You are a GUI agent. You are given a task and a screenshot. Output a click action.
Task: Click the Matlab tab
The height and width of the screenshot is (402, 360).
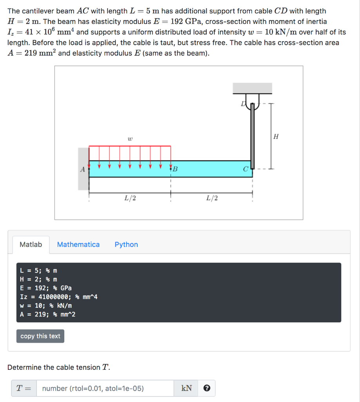point(31,245)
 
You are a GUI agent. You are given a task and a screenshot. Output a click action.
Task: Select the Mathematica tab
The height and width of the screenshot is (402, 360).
point(78,245)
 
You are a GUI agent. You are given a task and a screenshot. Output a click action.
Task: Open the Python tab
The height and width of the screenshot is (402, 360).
point(126,245)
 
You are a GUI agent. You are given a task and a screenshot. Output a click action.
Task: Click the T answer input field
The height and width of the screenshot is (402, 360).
point(105,388)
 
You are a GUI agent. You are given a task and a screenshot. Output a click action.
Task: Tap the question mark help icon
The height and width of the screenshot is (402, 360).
point(207,388)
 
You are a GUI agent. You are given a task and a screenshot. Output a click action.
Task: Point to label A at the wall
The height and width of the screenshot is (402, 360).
point(82,170)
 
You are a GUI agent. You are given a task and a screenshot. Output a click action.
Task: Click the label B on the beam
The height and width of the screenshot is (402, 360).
point(175,170)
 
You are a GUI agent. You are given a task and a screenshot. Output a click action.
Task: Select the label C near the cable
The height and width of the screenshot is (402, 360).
point(245,170)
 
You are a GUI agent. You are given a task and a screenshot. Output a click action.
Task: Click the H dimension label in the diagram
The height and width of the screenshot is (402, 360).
point(276,137)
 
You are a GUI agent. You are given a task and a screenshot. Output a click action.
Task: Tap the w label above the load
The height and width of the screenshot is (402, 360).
point(130,139)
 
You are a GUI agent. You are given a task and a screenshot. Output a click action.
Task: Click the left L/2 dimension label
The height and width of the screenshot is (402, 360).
point(130,198)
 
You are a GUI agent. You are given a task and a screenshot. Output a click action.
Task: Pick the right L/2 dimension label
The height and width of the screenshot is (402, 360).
point(212,198)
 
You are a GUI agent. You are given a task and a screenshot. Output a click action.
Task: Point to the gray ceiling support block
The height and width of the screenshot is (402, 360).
point(253,88)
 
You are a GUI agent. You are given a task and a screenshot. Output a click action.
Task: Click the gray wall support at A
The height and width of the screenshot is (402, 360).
point(83,169)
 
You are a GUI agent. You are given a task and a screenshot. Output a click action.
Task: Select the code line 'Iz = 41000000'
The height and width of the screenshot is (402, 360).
point(59,297)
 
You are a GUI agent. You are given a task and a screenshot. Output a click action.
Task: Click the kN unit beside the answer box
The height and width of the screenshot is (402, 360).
point(187,388)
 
